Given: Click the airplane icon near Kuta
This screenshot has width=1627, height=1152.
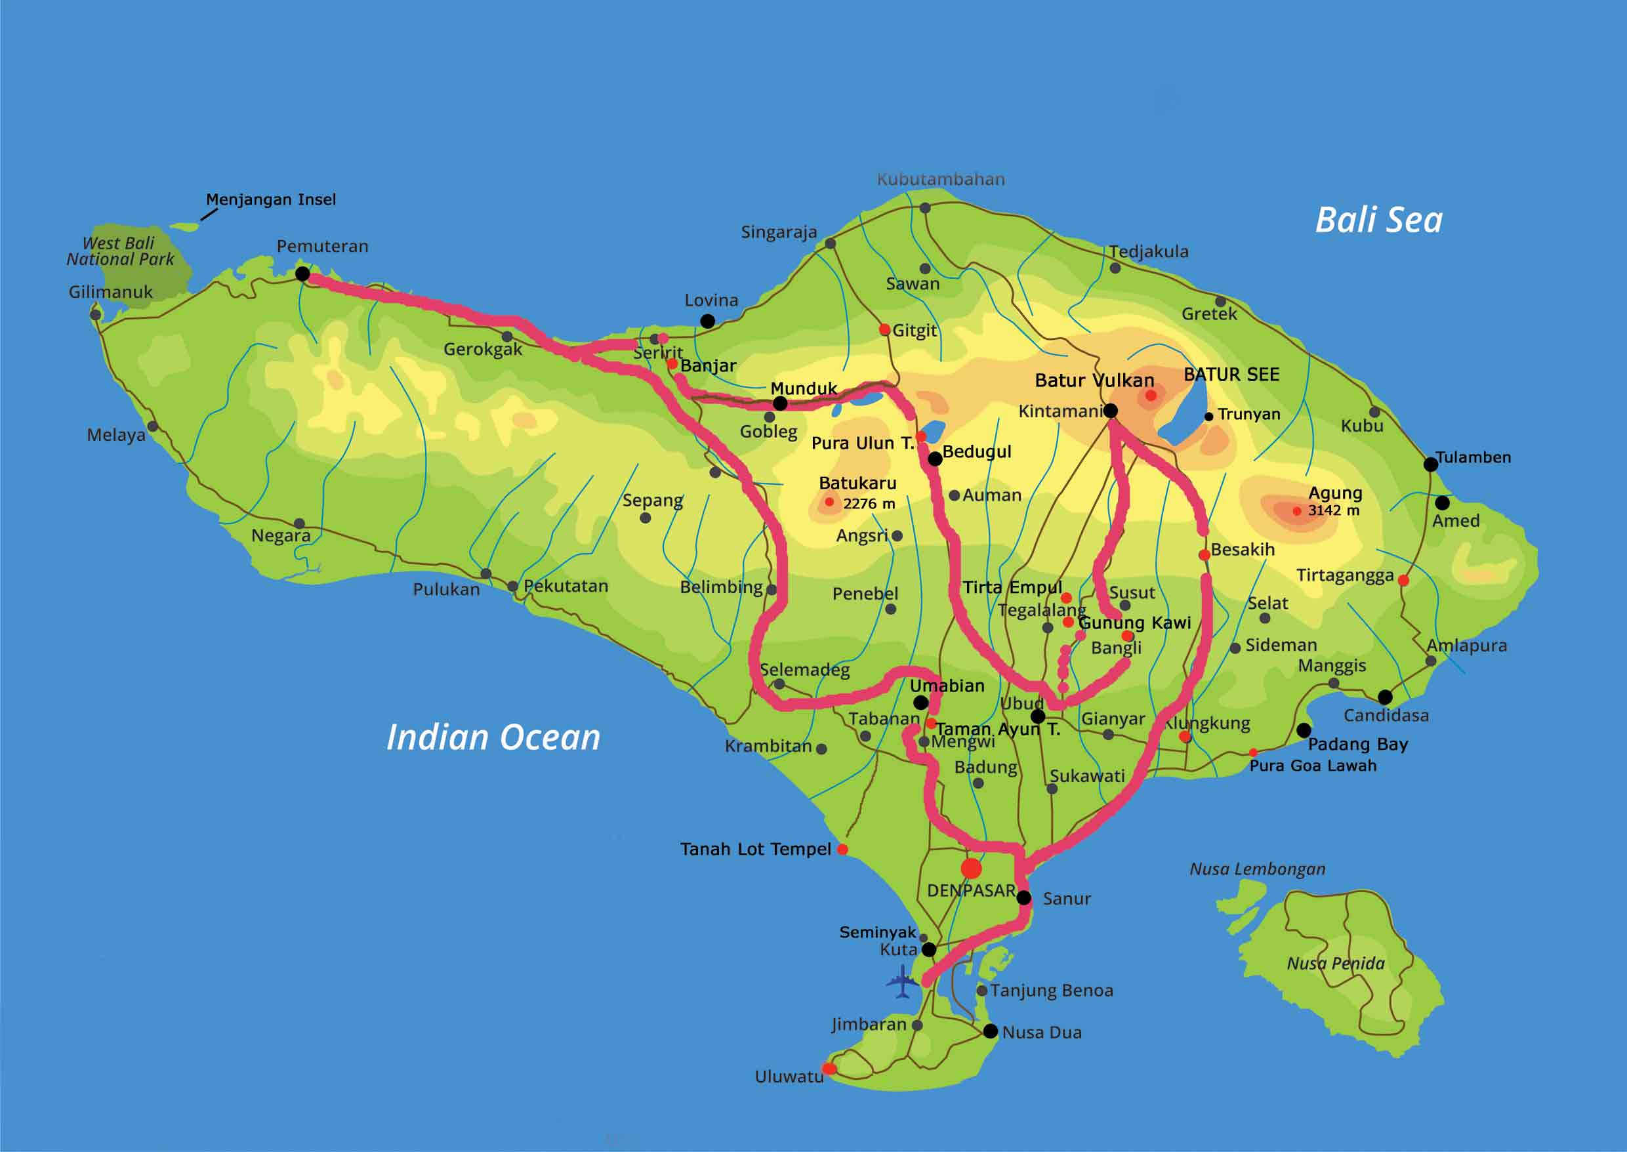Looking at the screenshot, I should (901, 983).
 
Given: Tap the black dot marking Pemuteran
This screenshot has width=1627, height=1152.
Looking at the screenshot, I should (302, 274).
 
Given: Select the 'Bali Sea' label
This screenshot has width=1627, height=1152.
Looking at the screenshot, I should (1378, 220).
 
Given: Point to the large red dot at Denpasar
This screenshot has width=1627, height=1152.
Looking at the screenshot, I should (971, 867).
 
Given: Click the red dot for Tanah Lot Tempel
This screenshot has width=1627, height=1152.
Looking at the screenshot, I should (842, 849).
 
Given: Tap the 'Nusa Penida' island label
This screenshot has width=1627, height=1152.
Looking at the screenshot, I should (1336, 963).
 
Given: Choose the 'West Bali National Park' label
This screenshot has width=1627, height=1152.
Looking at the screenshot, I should (120, 251).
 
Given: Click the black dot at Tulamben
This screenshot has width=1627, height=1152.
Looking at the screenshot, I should (1431, 464).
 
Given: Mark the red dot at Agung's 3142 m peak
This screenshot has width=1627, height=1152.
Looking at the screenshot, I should (1296, 511).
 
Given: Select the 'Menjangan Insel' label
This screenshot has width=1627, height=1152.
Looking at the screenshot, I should (271, 199).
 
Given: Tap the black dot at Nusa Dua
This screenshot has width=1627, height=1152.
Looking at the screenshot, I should (991, 1031).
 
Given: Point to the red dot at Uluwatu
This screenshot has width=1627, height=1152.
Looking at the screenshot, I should (829, 1068).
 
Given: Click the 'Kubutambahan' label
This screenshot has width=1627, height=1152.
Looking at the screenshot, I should (941, 180).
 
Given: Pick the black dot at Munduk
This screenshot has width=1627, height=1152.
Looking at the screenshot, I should (779, 403).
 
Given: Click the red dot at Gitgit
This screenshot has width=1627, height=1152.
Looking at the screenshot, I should (884, 329).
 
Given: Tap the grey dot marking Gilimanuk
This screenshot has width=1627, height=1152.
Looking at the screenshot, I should (95, 314).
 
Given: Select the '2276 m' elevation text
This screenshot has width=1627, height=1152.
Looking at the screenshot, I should (869, 504).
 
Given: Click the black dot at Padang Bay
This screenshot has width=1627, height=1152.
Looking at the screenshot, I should (1304, 730).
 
